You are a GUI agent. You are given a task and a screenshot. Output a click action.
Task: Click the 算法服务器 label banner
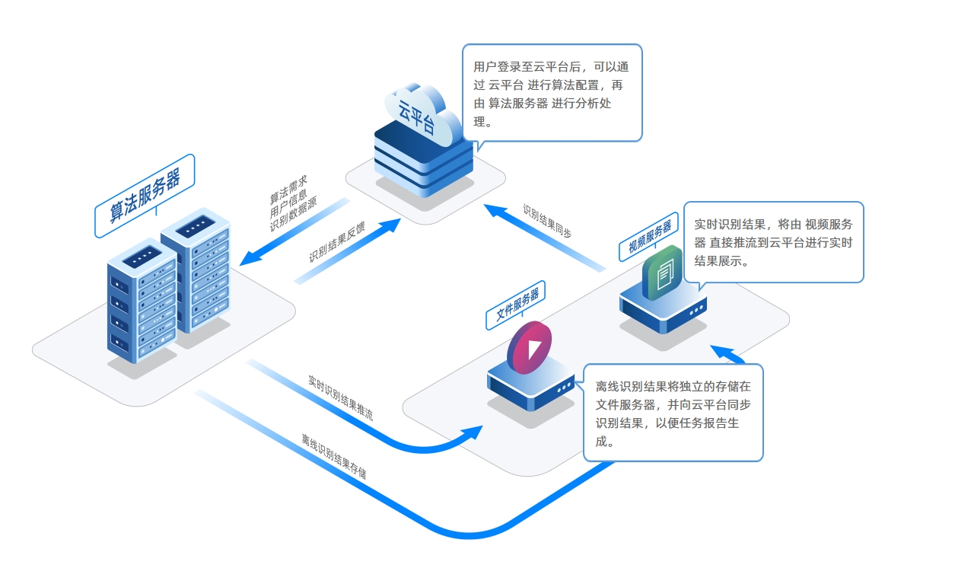[145, 196]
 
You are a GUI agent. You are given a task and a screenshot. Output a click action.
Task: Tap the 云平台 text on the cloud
[417, 115]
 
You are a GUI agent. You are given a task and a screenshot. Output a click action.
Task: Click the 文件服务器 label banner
[517, 304]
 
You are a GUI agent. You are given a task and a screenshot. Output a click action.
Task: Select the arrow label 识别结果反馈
[337, 242]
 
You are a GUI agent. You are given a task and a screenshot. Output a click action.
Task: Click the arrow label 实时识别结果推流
[340, 398]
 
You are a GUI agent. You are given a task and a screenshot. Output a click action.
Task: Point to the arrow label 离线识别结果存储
[333, 457]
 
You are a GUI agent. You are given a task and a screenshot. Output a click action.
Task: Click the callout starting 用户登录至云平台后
[552, 93]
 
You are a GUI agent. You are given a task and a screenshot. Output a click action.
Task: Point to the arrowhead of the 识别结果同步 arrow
[496, 209]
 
